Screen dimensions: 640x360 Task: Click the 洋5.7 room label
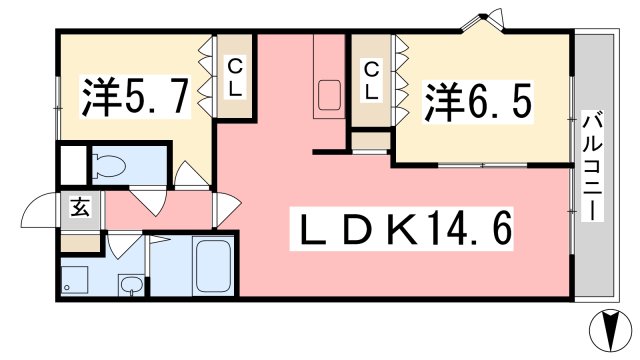click(x=136, y=97)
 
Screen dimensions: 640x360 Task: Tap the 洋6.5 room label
click(x=478, y=102)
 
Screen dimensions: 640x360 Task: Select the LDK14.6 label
click(x=402, y=229)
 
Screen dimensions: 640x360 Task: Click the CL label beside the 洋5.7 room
click(x=235, y=78)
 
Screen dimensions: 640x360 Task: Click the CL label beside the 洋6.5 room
click(x=371, y=81)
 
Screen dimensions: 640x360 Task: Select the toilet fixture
click(x=110, y=165)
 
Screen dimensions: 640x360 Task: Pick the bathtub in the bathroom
click(x=212, y=266)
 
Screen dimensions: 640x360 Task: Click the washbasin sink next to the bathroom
click(x=131, y=284)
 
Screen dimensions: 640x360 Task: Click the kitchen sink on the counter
click(x=329, y=96)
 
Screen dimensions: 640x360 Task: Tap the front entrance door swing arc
click(x=38, y=209)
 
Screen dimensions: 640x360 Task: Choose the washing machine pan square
click(x=75, y=280)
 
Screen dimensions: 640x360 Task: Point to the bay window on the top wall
click(x=484, y=21)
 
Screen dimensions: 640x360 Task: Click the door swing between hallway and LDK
click(x=227, y=209)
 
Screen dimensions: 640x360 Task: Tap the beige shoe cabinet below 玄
click(x=80, y=242)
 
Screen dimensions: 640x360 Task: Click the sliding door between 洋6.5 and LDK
click(x=482, y=165)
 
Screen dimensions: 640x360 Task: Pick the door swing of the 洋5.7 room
click(x=189, y=175)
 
